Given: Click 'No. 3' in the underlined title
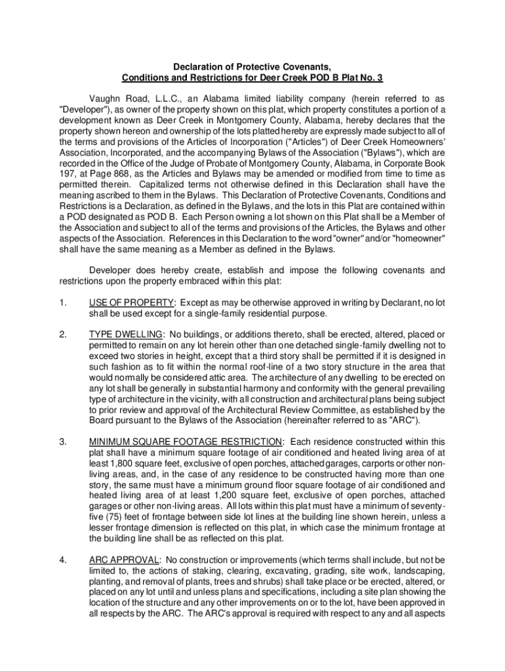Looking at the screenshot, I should [x=370, y=78].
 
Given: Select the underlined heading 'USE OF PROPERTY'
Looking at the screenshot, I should [x=131, y=303].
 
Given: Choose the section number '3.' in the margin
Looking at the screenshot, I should [x=62, y=441].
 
